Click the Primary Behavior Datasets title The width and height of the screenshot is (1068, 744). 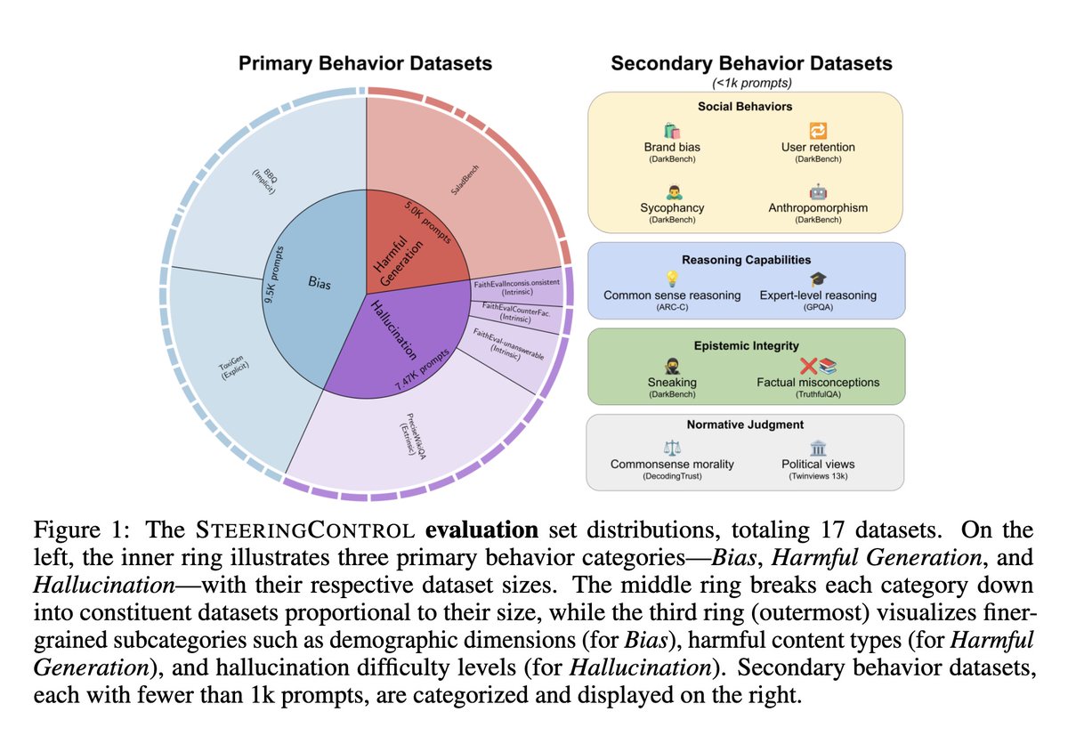(x=365, y=64)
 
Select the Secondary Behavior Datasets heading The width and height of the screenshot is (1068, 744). (x=750, y=64)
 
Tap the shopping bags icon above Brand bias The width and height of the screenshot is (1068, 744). (x=672, y=130)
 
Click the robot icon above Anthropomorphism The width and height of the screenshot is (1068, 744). (x=817, y=191)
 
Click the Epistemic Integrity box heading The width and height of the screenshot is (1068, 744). (x=746, y=344)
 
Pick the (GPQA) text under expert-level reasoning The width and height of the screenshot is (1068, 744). (x=817, y=309)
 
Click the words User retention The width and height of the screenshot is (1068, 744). (x=817, y=147)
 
